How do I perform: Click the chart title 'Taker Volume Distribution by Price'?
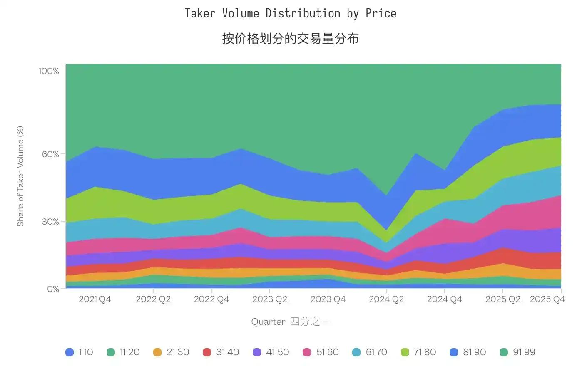[290, 13]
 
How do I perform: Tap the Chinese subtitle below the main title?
[290, 39]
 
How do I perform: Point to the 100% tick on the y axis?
[49, 71]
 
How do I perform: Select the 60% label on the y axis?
[50, 154]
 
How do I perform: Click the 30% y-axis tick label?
[50, 222]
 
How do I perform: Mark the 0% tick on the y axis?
[53, 289]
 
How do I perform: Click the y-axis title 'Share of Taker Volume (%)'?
[20, 176]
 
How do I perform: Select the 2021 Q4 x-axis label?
[95, 299]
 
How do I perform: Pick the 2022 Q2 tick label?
[153, 299]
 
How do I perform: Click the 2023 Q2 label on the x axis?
[270, 299]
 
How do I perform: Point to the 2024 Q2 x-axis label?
[386, 299]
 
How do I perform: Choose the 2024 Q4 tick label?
[445, 299]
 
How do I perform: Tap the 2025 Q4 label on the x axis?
[547, 299]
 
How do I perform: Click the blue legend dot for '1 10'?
[70, 352]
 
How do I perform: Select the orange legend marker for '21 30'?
[157, 352]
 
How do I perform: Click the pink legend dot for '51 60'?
[307, 352]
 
